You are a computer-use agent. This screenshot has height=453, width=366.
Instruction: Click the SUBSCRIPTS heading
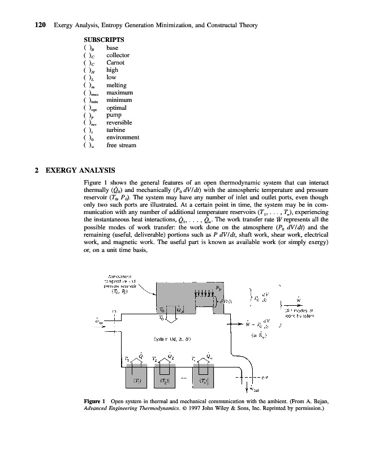click(104, 40)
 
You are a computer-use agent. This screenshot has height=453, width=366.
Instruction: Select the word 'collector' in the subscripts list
click(118, 55)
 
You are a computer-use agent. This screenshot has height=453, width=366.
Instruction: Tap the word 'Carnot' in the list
click(116, 62)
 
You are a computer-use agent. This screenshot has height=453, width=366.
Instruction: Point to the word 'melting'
click(117, 85)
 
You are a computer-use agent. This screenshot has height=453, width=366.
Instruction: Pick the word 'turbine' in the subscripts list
click(117, 130)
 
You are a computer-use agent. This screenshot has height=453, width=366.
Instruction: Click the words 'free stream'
click(122, 145)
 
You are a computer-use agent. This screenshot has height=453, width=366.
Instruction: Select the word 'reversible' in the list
click(119, 122)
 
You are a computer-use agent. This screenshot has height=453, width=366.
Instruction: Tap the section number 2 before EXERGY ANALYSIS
click(37, 170)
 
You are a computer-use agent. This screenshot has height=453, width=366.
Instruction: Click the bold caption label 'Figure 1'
click(94, 401)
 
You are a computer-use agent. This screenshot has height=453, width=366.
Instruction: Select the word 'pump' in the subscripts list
click(114, 115)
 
